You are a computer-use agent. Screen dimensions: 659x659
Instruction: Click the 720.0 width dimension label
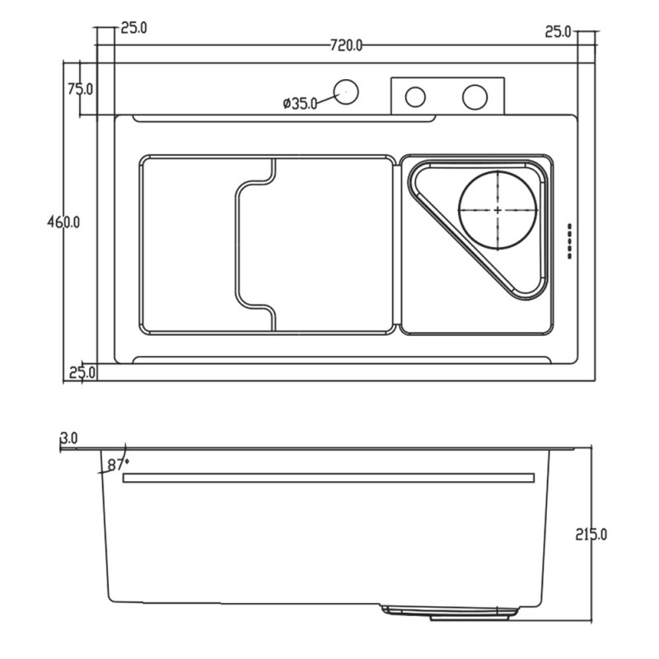[x=346, y=45]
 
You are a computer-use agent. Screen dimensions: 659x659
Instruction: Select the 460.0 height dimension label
[x=63, y=222]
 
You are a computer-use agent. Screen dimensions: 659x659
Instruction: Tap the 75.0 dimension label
[x=80, y=89]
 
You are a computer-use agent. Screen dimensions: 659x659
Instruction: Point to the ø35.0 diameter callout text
[x=300, y=104]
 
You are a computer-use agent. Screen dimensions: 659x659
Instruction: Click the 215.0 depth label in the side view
[x=591, y=534]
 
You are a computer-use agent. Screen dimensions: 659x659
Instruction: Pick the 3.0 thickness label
[x=69, y=438]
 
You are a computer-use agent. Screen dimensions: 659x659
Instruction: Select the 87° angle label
[x=118, y=465]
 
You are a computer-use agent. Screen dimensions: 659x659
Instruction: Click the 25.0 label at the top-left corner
[x=134, y=28]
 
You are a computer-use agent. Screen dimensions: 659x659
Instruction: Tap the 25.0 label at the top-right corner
[x=559, y=31]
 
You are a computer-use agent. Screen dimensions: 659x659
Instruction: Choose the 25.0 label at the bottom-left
[x=82, y=372]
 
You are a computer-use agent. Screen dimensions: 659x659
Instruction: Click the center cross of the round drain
[x=498, y=210]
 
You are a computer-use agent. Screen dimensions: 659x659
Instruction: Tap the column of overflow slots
[x=570, y=241]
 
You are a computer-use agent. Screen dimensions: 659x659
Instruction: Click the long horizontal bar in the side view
[x=329, y=478]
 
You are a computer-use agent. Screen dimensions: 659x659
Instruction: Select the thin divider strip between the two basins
[x=397, y=245]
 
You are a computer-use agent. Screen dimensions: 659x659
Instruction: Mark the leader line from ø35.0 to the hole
[x=327, y=98]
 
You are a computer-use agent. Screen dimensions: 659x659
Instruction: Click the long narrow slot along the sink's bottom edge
[x=342, y=360]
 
